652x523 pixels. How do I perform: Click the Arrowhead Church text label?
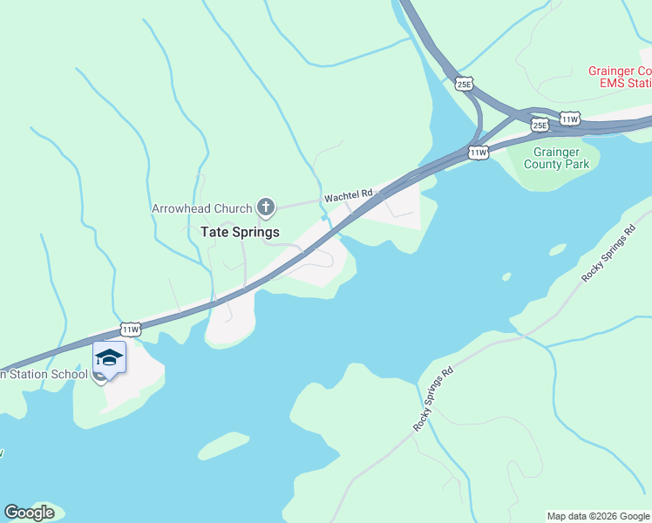click(x=202, y=209)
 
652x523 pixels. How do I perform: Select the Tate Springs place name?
click(x=240, y=232)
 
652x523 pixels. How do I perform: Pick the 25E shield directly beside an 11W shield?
click(x=540, y=126)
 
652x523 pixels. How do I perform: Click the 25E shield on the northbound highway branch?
click(x=464, y=84)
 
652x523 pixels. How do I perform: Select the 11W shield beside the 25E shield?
click(x=569, y=119)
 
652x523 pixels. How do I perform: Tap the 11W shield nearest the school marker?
click(x=130, y=329)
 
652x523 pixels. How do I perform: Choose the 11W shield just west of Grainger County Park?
click(x=478, y=153)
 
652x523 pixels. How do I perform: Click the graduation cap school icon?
click(x=109, y=358)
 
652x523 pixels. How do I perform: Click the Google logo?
click(x=29, y=513)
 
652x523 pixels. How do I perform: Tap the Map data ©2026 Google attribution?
click(x=599, y=516)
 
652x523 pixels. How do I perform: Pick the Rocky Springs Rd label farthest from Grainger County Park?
click(x=434, y=400)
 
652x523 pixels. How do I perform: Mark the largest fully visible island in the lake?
click(x=226, y=445)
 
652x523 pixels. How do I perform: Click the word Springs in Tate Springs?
click(x=257, y=232)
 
